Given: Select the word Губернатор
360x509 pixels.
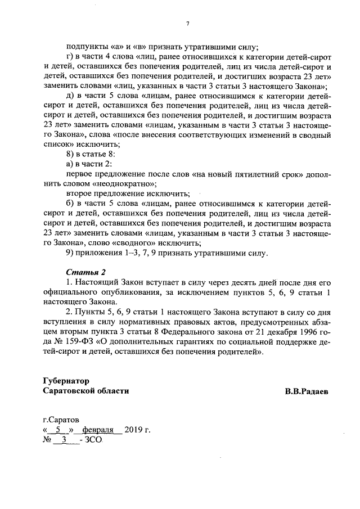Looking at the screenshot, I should (x=66, y=381).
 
